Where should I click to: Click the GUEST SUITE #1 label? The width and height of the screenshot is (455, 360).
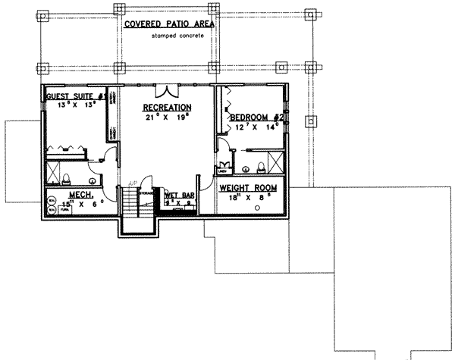pyautogui.click(x=74, y=97)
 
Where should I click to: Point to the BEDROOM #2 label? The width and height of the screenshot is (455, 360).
pyautogui.click(x=256, y=117)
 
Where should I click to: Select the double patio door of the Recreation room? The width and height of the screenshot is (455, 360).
pyautogui.click(x=167, y=89)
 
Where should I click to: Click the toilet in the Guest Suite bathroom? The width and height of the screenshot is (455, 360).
pyautogui.click(x=66, y=179)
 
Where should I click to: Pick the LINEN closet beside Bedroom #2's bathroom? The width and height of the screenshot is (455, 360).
pyautogui.click(x=224, y=167)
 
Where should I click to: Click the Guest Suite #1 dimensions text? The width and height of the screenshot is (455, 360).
pyautogui.click(x=74, y=107)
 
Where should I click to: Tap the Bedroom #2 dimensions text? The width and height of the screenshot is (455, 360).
pyautogui.click(x=258, y=127)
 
